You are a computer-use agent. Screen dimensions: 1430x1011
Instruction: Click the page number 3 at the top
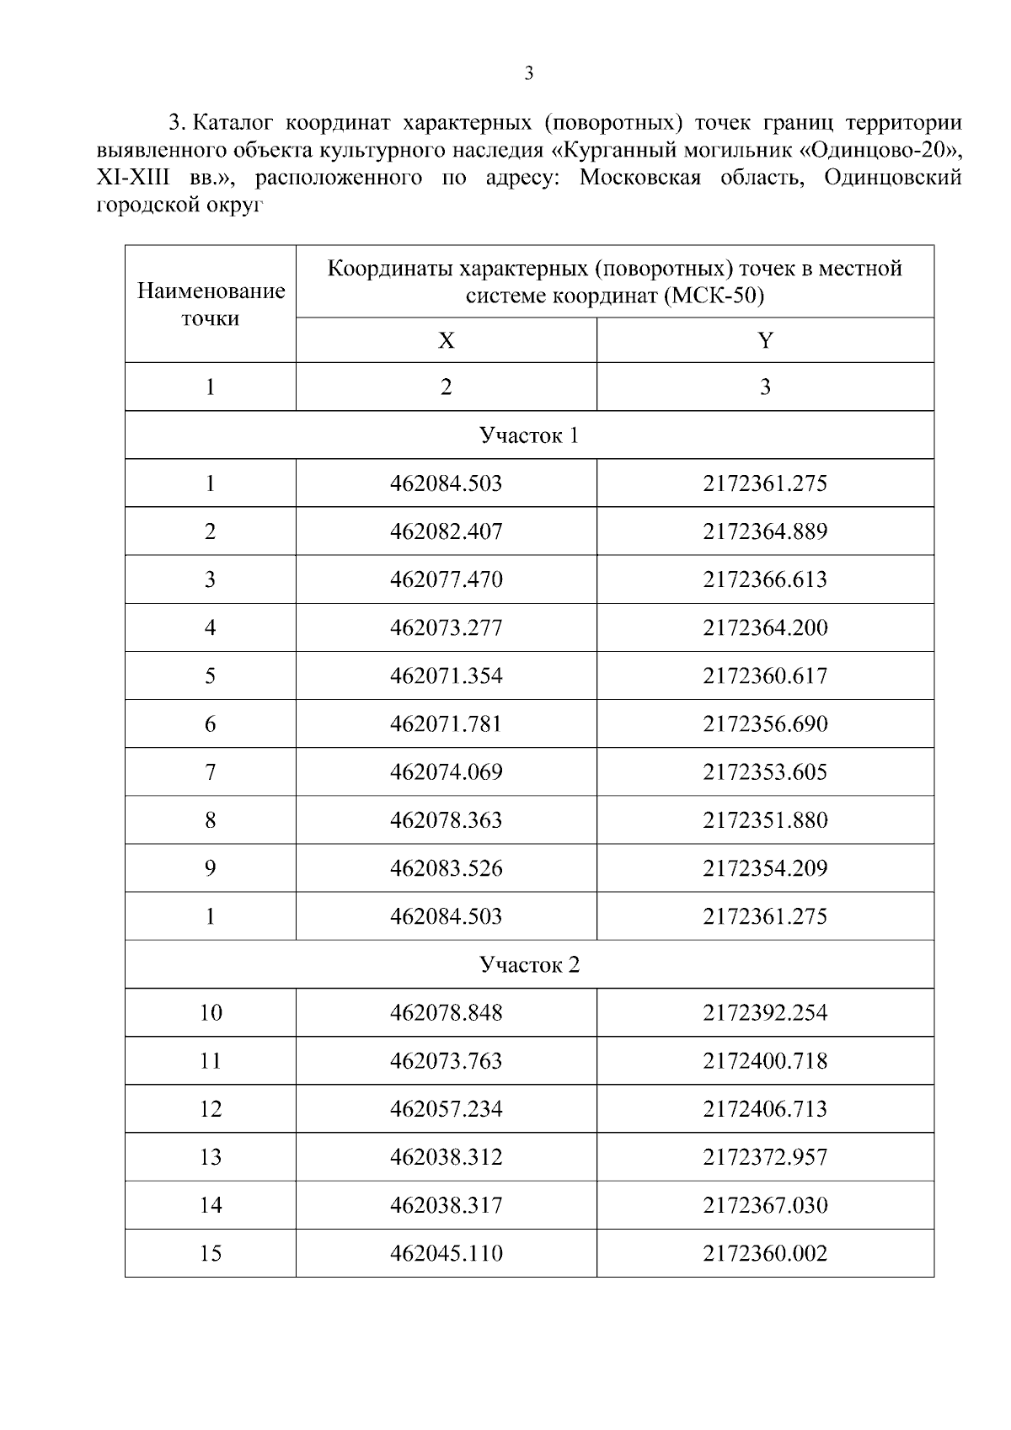[x=528, y=74]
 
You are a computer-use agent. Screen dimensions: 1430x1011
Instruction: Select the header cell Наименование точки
[x=211, y=304]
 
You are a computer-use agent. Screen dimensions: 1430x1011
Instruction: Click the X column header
[x=446, y=340]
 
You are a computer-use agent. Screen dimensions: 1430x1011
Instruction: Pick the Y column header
[x=765, y=340]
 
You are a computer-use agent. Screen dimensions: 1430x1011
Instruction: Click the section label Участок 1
[x=529, y=435]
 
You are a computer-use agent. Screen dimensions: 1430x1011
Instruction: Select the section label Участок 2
[x=529, y=964]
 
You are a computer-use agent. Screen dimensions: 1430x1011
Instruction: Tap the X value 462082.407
[x=446, y=531]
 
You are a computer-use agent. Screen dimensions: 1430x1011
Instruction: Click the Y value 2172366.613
[x=765, y=579]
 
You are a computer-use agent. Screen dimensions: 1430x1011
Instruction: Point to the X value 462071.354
[x=446, y=675]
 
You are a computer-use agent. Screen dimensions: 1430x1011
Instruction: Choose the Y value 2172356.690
[x=765, y=723]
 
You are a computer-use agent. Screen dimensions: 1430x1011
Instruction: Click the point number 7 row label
[x=211, y=771]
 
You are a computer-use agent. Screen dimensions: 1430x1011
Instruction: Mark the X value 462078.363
[x=446, y=819]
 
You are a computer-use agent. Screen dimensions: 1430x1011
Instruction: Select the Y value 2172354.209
[x=765, y=867]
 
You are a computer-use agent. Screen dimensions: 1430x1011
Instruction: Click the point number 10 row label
[x=211, y=1012]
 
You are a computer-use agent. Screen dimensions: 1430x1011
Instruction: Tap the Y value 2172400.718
[x=765, y=1060]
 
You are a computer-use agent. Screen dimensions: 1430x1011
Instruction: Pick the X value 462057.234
[x=446, y=1108]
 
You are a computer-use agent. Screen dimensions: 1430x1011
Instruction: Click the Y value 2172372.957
[x=765, y=1156]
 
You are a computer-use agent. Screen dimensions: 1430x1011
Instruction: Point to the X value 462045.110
[x=446, y=1253]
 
